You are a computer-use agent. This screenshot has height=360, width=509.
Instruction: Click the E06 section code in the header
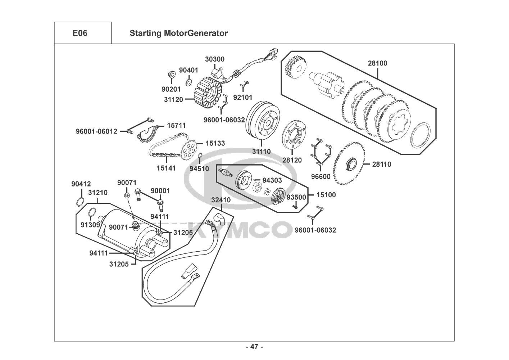80,33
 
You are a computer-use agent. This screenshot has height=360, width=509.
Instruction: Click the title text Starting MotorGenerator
178,33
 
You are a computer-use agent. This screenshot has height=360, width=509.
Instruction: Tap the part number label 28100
377,63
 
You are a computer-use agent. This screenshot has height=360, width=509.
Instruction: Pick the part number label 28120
292,160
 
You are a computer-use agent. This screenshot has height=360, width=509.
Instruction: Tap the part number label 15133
215,143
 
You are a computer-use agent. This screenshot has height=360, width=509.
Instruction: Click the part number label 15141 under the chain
166,168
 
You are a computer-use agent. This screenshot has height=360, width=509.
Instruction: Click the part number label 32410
221,200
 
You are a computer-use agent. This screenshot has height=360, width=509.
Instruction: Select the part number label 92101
243,97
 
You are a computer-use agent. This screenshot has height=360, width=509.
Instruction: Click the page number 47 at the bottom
254,347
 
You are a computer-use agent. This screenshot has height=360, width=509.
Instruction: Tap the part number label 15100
326,195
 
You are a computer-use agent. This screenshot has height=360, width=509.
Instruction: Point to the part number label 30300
215,59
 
